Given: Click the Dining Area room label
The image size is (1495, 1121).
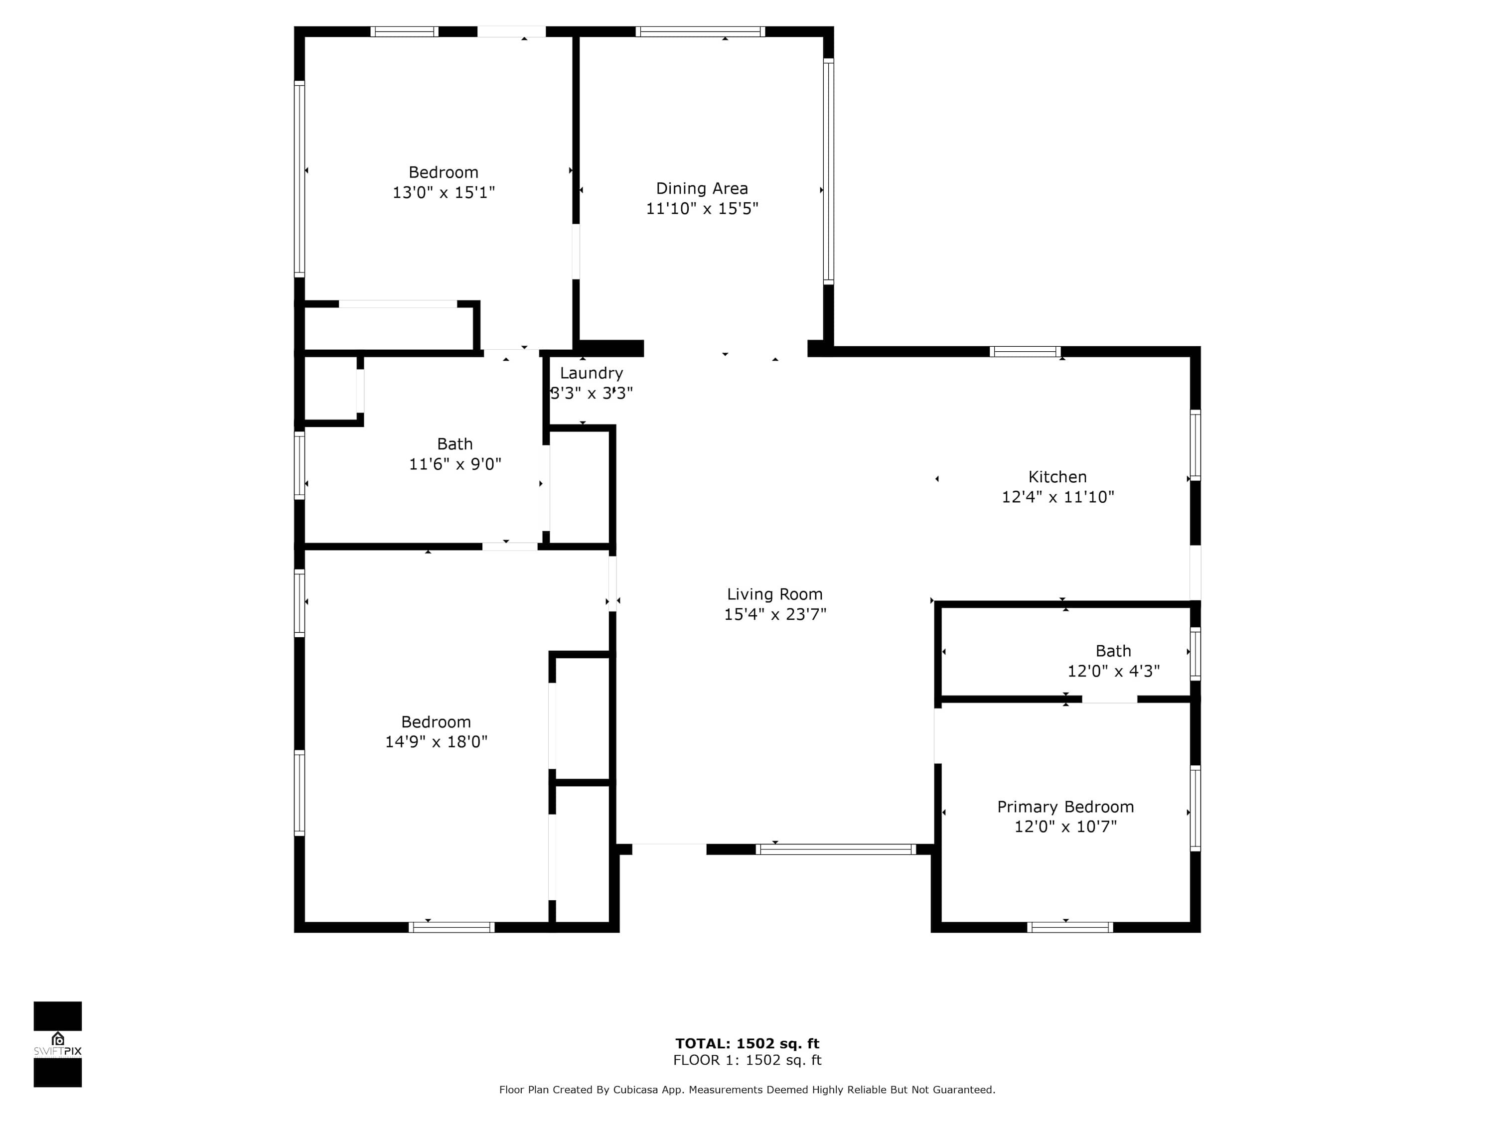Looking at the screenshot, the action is tap(702, 188).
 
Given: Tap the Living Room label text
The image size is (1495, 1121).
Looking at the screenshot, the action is tap(774, 594).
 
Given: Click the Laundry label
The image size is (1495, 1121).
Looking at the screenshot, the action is tap(592, 374).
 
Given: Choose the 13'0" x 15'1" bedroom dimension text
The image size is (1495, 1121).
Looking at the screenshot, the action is tap(444, 193).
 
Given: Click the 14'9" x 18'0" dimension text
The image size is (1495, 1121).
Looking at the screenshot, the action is tap(436, 742).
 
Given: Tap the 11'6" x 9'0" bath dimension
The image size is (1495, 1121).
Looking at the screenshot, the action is tap(455, 464).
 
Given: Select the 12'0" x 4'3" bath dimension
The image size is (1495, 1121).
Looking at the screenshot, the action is tap(1113, 671).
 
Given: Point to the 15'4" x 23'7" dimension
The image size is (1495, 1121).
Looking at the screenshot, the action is tap(774, 614).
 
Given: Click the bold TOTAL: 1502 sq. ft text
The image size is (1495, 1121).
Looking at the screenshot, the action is tap(747, 1044).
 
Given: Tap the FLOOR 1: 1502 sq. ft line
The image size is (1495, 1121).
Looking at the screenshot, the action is tap(747, 1060).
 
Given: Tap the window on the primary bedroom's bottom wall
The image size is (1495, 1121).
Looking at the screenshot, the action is tap(1069, 927).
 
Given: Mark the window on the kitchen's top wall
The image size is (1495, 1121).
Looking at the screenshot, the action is tap(1025, 351).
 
